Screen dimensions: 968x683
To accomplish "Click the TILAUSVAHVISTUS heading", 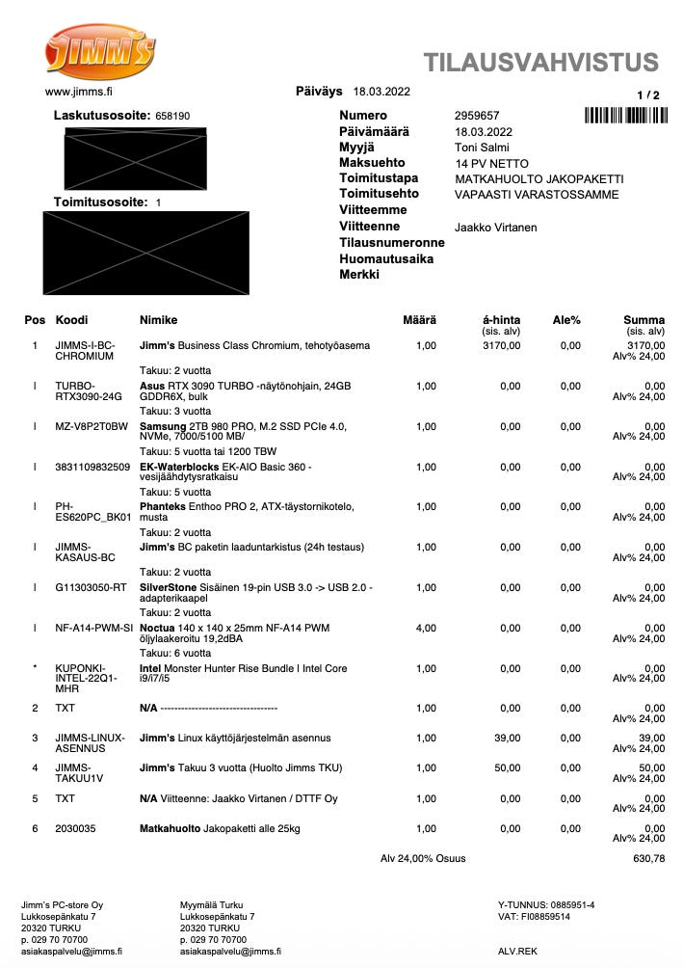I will [x=541, y=64].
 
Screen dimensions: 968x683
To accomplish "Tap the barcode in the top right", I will [x=625, y=116].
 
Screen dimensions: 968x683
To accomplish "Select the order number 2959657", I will [x=476, y=116].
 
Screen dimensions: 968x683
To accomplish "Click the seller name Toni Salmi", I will [x=482, y=148].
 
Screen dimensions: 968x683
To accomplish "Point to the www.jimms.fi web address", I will [x=79, y=93].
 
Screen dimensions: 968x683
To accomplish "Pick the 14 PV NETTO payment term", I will [x=491, y=164].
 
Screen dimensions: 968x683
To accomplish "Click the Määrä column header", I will [x=419, y=320].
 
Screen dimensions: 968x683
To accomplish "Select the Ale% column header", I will [x=566, y=320].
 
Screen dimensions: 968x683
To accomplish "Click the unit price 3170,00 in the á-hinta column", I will [x=501, y=345].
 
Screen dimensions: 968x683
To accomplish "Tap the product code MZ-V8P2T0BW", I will [x=92, y=426].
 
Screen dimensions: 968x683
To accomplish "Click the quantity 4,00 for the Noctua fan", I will [x=425, y=628].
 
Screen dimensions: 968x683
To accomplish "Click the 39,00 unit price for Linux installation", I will [x=507, y=739].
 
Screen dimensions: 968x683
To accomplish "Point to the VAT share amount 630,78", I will [x=648, y=858].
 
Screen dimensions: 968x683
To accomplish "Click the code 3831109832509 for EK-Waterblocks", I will [x=92, y=467].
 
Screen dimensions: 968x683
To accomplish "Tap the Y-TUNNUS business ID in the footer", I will [x=546, y=904].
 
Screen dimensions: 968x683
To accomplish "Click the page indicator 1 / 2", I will [x=648, y=95].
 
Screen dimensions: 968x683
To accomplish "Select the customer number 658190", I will [x=172, y=116].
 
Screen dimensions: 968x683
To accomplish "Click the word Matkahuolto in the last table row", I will [x=170, y=828].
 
